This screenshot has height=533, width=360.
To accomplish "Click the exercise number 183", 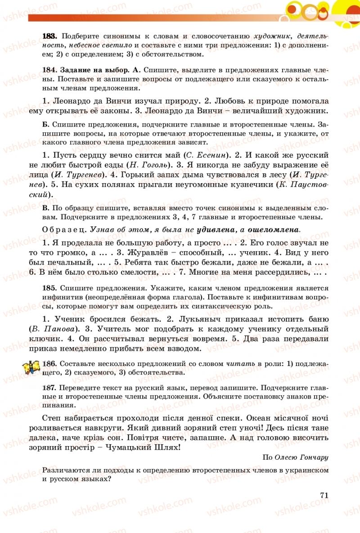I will coord(49,35).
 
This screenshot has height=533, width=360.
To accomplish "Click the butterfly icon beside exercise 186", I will coord(32,367).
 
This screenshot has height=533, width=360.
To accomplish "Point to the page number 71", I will coord(324,494).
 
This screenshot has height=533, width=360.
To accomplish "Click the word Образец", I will coord(64,229).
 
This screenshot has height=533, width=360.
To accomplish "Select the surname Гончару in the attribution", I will coord(313,457).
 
